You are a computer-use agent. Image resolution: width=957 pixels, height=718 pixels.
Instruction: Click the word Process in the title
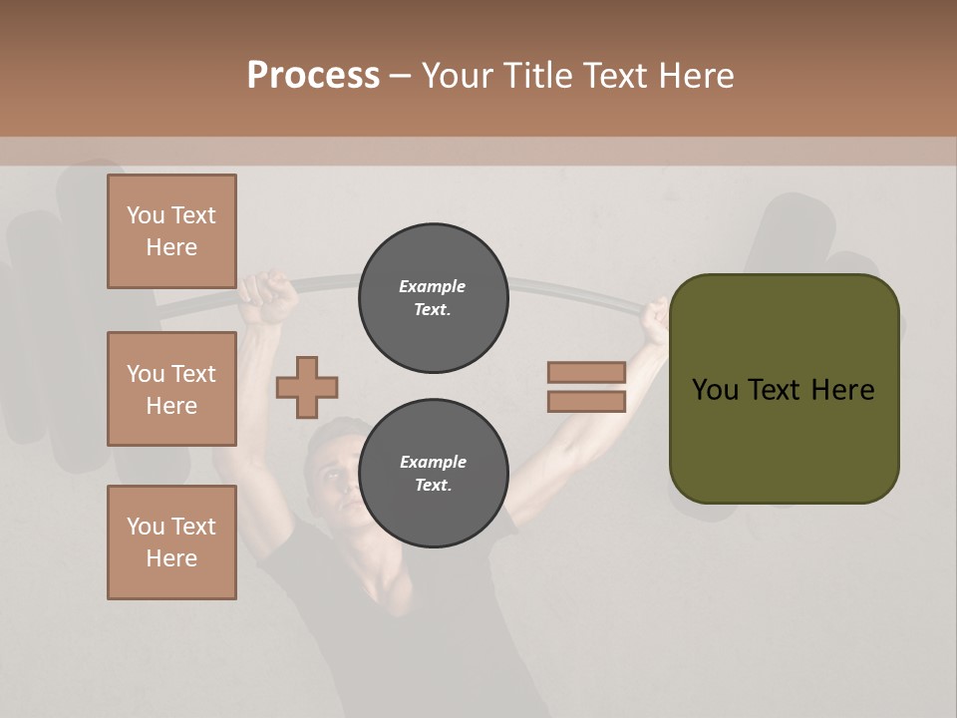point(313,75)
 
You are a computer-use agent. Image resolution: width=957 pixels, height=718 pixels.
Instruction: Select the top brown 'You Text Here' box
point(171,231)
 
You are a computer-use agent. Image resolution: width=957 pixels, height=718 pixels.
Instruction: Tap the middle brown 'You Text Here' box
point(171,389)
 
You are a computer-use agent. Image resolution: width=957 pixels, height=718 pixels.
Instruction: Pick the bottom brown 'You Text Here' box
point(171,542)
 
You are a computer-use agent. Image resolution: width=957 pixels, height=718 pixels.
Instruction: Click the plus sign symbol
point(307,387)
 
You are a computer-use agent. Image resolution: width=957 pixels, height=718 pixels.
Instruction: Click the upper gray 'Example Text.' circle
point(433,298)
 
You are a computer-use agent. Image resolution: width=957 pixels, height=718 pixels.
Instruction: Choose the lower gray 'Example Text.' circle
point(433,474)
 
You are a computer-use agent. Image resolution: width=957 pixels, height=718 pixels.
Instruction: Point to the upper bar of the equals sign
point(586,372)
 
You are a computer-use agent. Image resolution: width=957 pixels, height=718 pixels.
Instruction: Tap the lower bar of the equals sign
point(586,402)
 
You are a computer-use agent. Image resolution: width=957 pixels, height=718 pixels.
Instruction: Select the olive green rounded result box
point(784,439)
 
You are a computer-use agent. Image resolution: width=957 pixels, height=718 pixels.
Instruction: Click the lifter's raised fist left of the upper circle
point(267,297)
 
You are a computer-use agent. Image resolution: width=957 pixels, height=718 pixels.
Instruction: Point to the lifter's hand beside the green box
point(655,319)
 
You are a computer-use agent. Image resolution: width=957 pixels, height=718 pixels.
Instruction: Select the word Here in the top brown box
point(171,247)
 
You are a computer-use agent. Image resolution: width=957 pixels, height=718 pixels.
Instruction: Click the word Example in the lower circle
point(433,462)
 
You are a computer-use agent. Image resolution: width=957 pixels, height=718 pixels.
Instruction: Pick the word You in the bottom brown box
point(146,527)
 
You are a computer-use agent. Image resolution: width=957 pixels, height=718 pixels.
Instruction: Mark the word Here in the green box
point(842,389)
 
